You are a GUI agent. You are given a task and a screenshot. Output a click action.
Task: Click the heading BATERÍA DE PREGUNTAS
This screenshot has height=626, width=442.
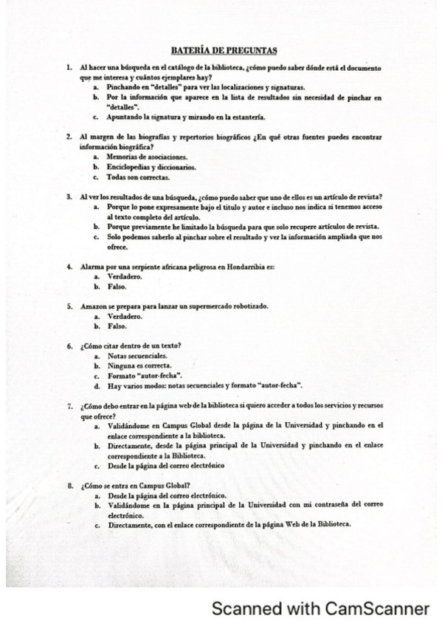click(224, 50)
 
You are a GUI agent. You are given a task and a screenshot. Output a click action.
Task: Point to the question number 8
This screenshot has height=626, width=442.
click(69, 486)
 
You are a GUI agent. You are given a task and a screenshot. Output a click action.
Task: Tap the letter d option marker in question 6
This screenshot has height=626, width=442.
click(97, 385)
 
